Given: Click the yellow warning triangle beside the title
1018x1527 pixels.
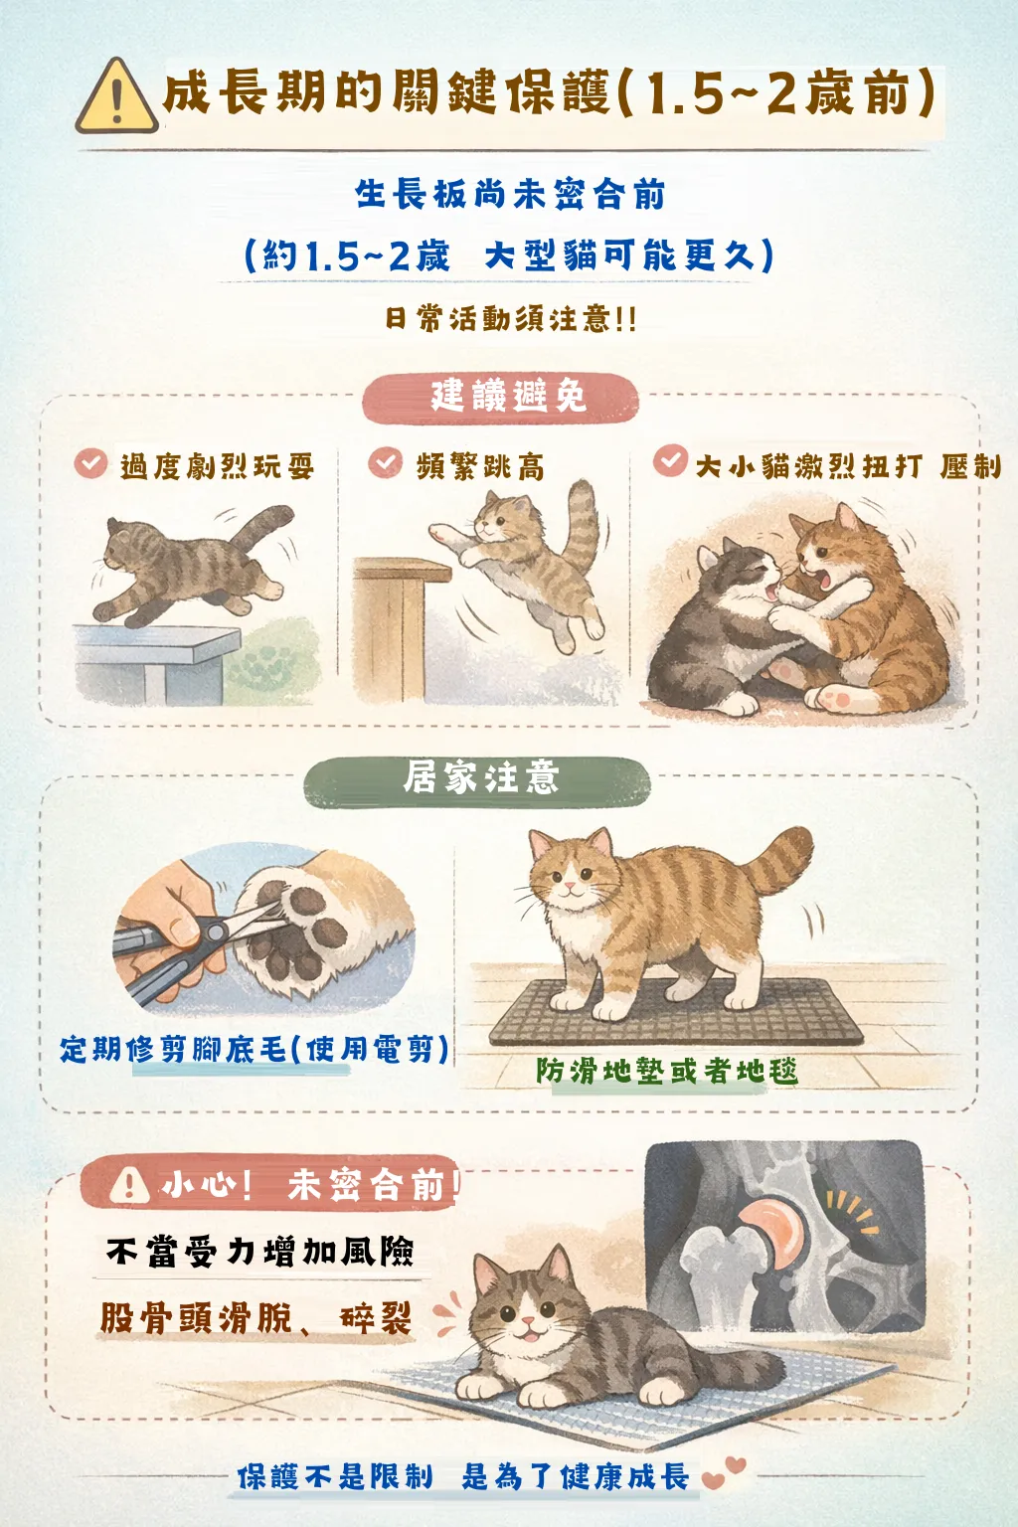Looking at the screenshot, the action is [x=117, y=96].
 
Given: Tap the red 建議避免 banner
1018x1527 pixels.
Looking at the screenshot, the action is [x=500, y=398].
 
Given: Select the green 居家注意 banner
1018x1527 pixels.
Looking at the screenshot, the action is [x=477, y=782].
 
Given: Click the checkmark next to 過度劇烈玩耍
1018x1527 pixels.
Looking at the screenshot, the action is [x=91, y=463].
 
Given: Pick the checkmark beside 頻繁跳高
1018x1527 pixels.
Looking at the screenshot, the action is [x=386, y=462].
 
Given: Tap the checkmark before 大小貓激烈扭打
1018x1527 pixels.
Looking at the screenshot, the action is [x=670, y=460].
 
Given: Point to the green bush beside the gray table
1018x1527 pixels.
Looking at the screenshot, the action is [x=272, y=661].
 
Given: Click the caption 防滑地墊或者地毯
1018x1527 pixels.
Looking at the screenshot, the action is [x=666, y=1071].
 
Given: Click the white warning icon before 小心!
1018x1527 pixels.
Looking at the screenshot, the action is [x=129, y=1186].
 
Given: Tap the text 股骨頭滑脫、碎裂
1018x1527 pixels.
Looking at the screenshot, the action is [x=256, y=1317].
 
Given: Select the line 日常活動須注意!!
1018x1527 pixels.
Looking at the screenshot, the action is [x=510, y=319].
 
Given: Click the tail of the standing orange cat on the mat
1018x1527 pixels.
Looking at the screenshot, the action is [x=777, y=860].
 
